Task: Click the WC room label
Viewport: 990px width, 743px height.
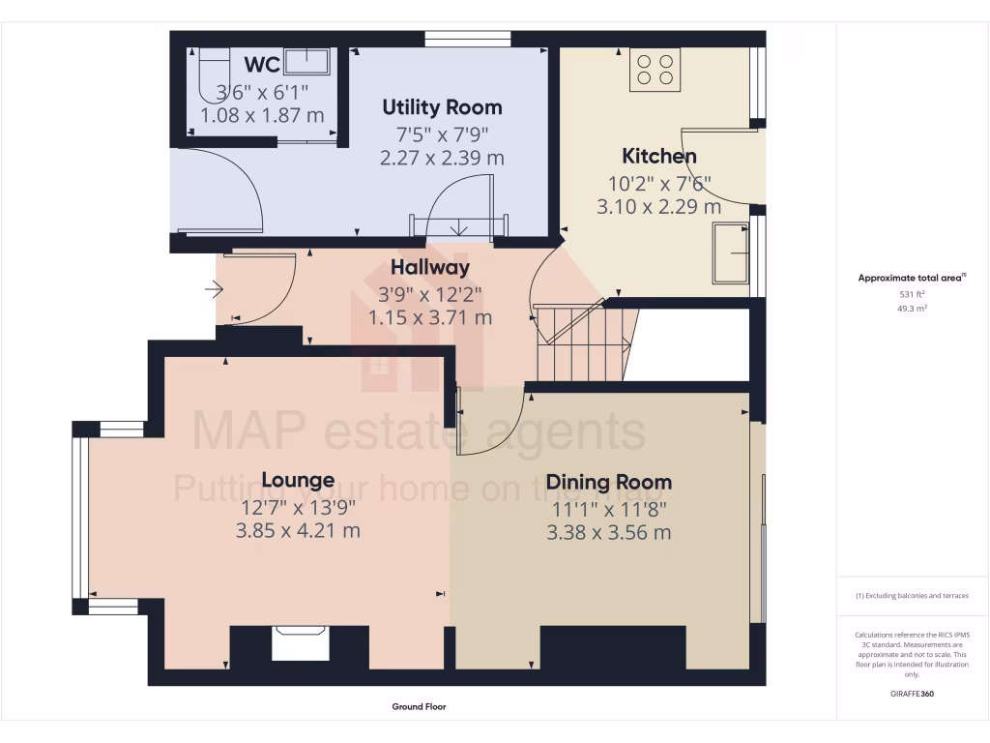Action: coord(262,66)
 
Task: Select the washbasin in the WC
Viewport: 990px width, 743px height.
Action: coord(310,63)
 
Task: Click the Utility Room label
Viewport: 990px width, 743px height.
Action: coord(442,107)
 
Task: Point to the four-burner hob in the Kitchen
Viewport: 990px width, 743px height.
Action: coord(655,69)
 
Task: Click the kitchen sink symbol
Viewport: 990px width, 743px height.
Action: coord(730,253)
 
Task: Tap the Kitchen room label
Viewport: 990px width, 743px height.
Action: coord(658,157)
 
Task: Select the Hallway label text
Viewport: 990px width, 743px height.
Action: coord(430,268)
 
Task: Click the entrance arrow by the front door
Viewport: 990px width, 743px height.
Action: coord(214,288)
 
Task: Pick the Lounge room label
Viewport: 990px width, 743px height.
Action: coord(298,481)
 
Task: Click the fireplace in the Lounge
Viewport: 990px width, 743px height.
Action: coord(300,642)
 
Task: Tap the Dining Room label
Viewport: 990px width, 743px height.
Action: coord(608,483)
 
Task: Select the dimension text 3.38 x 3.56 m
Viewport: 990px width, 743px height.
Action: coord(608,532)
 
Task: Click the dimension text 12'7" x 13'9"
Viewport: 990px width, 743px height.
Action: coord(298,506)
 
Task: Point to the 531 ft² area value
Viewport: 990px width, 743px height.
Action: coord(912,294)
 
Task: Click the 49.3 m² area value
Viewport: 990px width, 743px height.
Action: coord(912,309)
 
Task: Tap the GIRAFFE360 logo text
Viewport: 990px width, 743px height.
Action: coord(912,694)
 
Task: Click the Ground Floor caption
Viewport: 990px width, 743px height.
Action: coord(419,707)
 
